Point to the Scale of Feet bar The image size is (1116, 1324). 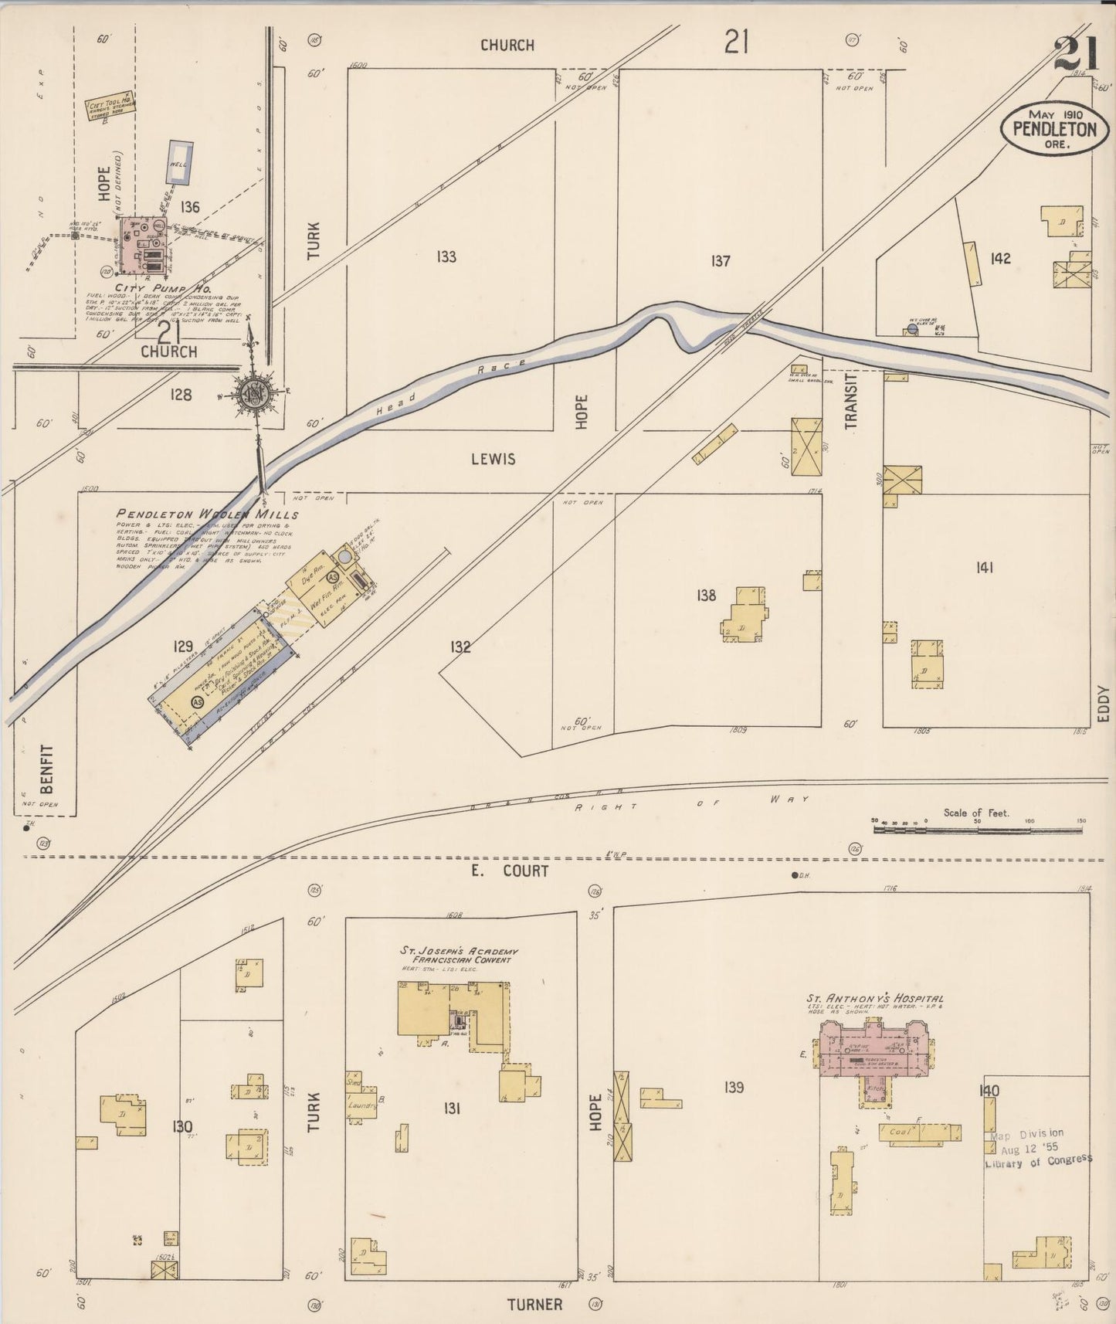click(x=978, y=829)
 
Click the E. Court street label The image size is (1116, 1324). click(x=510, y=871)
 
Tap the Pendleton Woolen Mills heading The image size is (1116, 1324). click(x=207, y=514)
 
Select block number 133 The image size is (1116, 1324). click(x=446, y=257)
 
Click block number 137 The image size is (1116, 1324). click(x=720, y=261)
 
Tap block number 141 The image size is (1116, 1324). click(x=984, y=568)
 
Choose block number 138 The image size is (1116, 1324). click(x=706, y=595)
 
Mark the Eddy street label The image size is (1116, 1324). click(x=1103, y=704)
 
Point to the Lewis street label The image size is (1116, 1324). click(x=494, y=459)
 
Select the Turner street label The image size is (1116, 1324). click(x=534, y=1305)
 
